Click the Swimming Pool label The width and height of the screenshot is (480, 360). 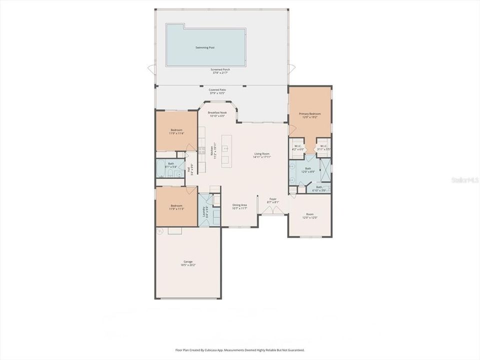[205, 47]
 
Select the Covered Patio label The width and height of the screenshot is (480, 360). [216, 91]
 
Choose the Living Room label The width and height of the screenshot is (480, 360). [262, 155]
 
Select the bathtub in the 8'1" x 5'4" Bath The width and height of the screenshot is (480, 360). [161, 169]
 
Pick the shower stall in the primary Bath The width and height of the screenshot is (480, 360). [325, 169]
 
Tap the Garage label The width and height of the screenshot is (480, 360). [188, 263]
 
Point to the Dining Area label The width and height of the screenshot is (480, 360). [240, 206]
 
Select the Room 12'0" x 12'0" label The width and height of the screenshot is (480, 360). [309, 216]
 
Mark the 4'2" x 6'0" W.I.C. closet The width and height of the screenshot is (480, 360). [298, 147]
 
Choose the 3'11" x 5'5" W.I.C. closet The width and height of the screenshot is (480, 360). [324, 147]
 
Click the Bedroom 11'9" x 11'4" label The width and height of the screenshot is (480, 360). [176, 131]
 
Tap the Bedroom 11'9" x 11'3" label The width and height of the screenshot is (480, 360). [176, 207]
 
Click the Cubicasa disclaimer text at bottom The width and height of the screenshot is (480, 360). [239, 350]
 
